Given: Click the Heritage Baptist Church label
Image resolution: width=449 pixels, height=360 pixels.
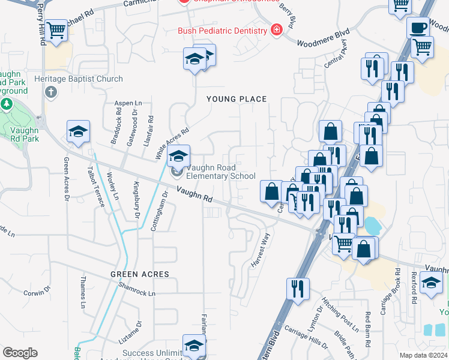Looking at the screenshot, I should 79,79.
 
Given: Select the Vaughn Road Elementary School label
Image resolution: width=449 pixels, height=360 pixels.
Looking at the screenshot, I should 220,172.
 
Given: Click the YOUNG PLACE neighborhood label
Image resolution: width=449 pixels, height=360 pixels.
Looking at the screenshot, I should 237,99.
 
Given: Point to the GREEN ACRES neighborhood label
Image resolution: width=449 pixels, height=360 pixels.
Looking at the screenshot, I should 139,274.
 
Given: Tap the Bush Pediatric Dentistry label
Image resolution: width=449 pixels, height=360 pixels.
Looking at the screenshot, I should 222,31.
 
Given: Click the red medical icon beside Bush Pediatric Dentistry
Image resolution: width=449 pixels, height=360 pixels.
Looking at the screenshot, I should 276,30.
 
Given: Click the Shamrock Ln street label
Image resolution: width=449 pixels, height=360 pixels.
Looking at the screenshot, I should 136,293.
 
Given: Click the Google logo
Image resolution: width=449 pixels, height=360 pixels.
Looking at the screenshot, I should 20,353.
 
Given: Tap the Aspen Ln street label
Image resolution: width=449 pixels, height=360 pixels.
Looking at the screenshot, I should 128,103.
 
